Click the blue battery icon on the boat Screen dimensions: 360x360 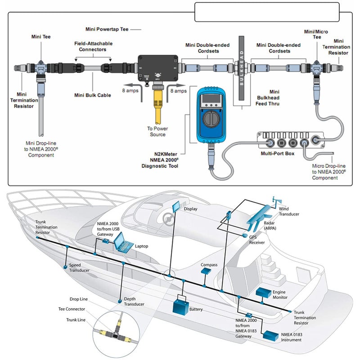click(x=183, y=306)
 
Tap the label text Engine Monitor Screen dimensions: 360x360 click(x=279, y=295)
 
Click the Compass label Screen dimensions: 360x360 click(x=209, y=265)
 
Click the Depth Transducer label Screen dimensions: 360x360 click(x=134, y=301)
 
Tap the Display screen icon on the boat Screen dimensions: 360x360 click(x=175, y=207)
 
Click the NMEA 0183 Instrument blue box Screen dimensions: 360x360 click(x=270, y=336)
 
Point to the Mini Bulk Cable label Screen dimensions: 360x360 click(x=93, y=95)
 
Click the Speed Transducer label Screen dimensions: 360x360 click(x=79, y=268)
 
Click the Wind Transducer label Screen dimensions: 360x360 click(x=288, y=211)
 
